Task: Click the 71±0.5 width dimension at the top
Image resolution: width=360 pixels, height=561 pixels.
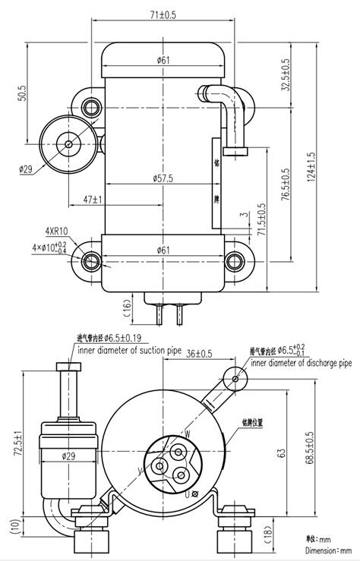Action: point(163,14)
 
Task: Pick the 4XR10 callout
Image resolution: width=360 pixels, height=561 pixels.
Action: point(57,231)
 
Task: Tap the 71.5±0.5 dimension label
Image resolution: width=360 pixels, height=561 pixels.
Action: point(261,221)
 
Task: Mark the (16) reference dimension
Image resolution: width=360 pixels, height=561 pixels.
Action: point(125,306)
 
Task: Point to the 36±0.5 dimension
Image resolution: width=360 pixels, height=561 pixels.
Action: point(200,354)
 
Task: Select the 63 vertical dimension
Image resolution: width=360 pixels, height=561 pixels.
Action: point(281,453)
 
